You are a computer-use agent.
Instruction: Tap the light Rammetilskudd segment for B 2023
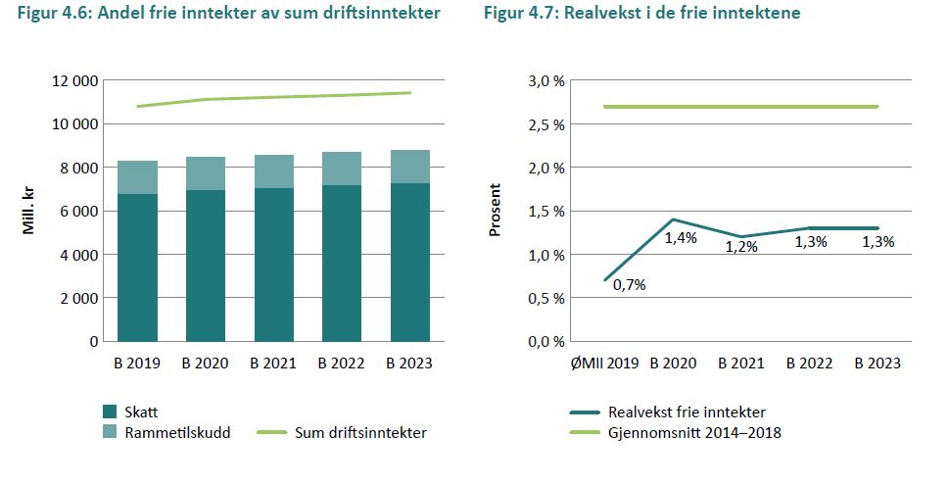pyautogui.click(x=408, y=167)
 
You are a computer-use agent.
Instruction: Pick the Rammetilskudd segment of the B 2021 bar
pyautogui.click(x=273, y=171)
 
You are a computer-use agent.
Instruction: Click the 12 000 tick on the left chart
pyautogui.click(x=71, y=81)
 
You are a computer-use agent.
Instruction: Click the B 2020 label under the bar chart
pyautogui.click(x=205, y=363)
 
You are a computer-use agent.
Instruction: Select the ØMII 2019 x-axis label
pyautogui.click(x=604, y=363)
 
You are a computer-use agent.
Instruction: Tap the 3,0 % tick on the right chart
pyautogui.click(x=546, y=81)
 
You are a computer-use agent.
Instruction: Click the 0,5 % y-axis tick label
pyautogui.click(x=546, y=298)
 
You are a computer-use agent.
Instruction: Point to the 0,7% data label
pyautogui.click(x=629, y=285)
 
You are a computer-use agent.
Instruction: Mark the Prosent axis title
pyautogui.click(x=496, y=211)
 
